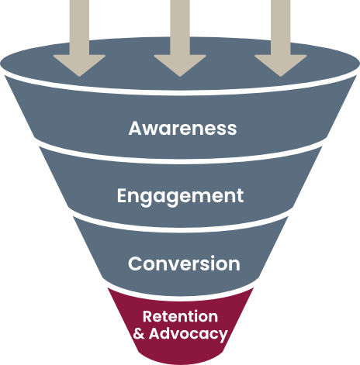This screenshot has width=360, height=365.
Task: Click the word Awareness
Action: [182, 128]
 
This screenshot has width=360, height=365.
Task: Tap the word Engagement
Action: [180, 197]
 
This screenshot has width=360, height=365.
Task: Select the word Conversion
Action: [184, 263]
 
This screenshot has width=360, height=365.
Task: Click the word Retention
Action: [180, 316]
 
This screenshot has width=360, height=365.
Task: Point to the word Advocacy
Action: [189, 334]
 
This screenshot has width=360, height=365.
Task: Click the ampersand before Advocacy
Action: [139, 334]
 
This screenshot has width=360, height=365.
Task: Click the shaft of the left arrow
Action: [79, 27]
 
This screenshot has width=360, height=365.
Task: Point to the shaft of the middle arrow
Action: [180, 27]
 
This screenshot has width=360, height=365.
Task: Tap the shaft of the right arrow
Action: [281, 27]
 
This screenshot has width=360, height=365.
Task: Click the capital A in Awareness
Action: [135, 128]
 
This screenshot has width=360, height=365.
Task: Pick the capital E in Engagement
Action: [122, 195]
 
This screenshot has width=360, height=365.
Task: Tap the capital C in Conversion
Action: [135, 263]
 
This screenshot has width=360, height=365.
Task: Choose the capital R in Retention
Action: [147, 316]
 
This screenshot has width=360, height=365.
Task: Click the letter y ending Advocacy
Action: [223, 336]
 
